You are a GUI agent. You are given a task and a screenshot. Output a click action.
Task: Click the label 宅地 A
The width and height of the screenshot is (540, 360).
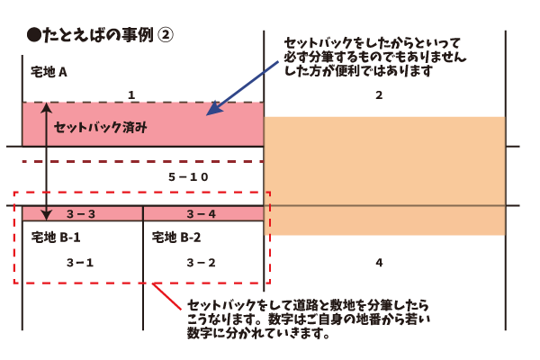(x=49, y=73)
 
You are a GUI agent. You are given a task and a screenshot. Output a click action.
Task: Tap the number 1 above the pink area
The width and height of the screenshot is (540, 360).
(x=131, y=94)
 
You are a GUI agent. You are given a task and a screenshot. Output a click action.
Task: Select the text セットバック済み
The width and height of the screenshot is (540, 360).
(x=100, y=128)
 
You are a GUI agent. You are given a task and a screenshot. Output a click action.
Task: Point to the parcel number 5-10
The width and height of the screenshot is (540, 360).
(x=188, y=177)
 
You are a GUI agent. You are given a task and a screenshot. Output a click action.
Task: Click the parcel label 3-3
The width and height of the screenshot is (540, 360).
(x=81, y=214)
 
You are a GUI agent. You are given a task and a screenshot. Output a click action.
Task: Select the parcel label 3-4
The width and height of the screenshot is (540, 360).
(x=201, y=214)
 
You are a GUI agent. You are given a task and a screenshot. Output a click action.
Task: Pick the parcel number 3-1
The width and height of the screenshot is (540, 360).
(x=81, y=262)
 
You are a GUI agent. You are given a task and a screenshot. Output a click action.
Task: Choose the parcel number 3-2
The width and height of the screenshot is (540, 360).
(x=201, y=262)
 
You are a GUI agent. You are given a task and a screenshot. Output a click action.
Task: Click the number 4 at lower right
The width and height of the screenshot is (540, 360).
(x=379, y=263)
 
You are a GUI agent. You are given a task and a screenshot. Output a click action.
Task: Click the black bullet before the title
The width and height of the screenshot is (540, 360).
(x=34, y=35)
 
